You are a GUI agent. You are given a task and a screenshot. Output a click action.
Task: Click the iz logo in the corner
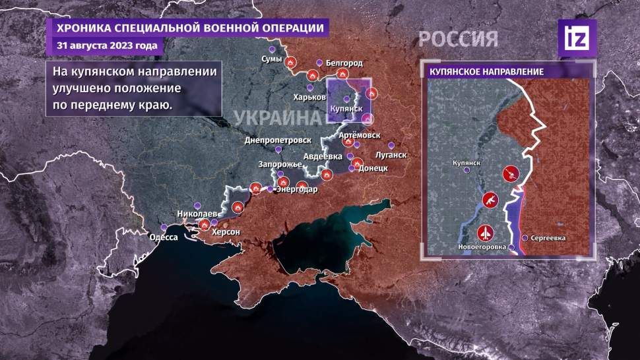click(x=577, y=38)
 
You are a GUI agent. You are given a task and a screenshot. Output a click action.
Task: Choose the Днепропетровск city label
click(x=278, y=141)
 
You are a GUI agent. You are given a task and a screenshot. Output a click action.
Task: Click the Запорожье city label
click(x=278, y=162)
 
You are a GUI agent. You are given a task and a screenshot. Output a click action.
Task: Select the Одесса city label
click(x=164, y=237)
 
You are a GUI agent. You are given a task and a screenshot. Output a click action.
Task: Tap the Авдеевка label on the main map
click(x=323, y=156)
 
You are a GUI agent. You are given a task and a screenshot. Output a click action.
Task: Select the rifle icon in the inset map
click(x=490, y=199)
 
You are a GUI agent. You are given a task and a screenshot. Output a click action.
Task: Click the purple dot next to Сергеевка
click(x=525, y=237)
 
